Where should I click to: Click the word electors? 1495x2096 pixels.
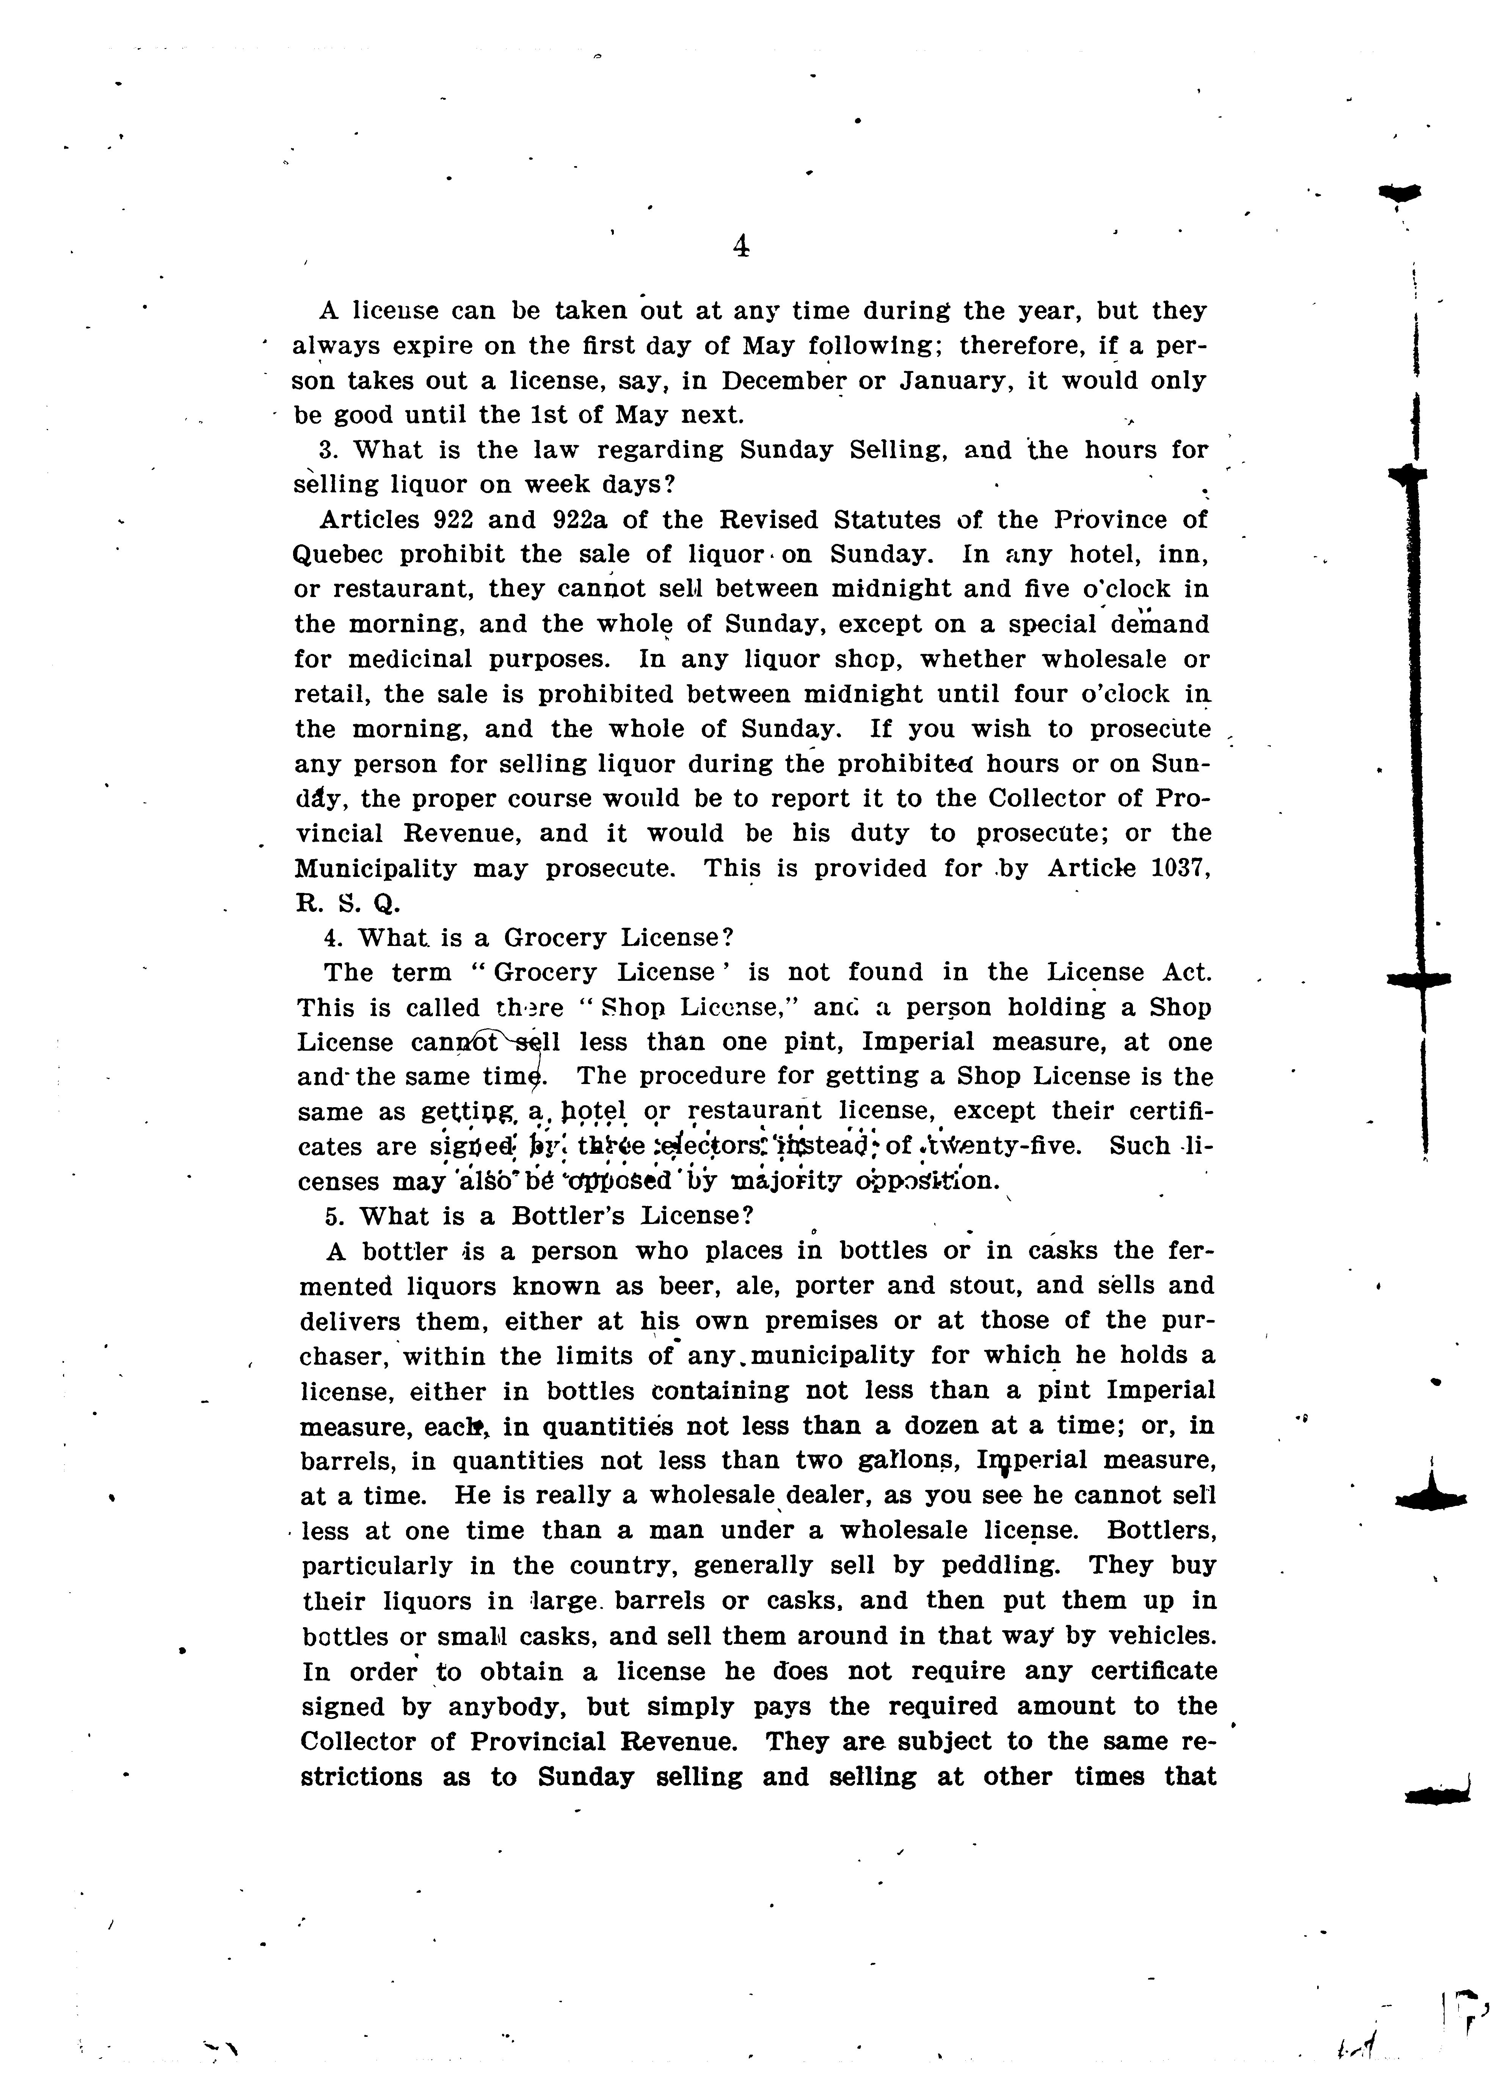[x=707, y=1147]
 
